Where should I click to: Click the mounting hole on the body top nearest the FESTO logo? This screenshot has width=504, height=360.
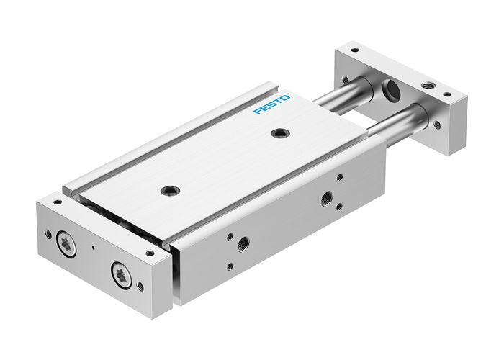pos(278,132)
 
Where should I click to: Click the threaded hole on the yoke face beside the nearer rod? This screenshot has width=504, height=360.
pos(437,125)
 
